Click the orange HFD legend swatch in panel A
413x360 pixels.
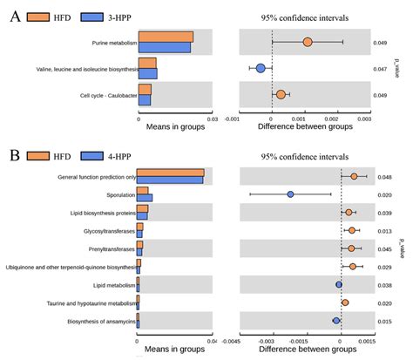(38, 17)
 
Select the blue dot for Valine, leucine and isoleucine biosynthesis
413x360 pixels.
(260, 67)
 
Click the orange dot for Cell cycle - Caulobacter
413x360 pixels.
(281, 94)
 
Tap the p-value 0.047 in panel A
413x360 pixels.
(380, 68)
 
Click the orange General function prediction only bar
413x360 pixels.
(170, 173)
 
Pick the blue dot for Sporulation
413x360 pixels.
(290, 194)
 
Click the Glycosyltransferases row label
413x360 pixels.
(109, 231)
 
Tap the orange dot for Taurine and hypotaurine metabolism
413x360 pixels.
(345, 303)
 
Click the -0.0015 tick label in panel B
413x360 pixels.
(290, 340)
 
